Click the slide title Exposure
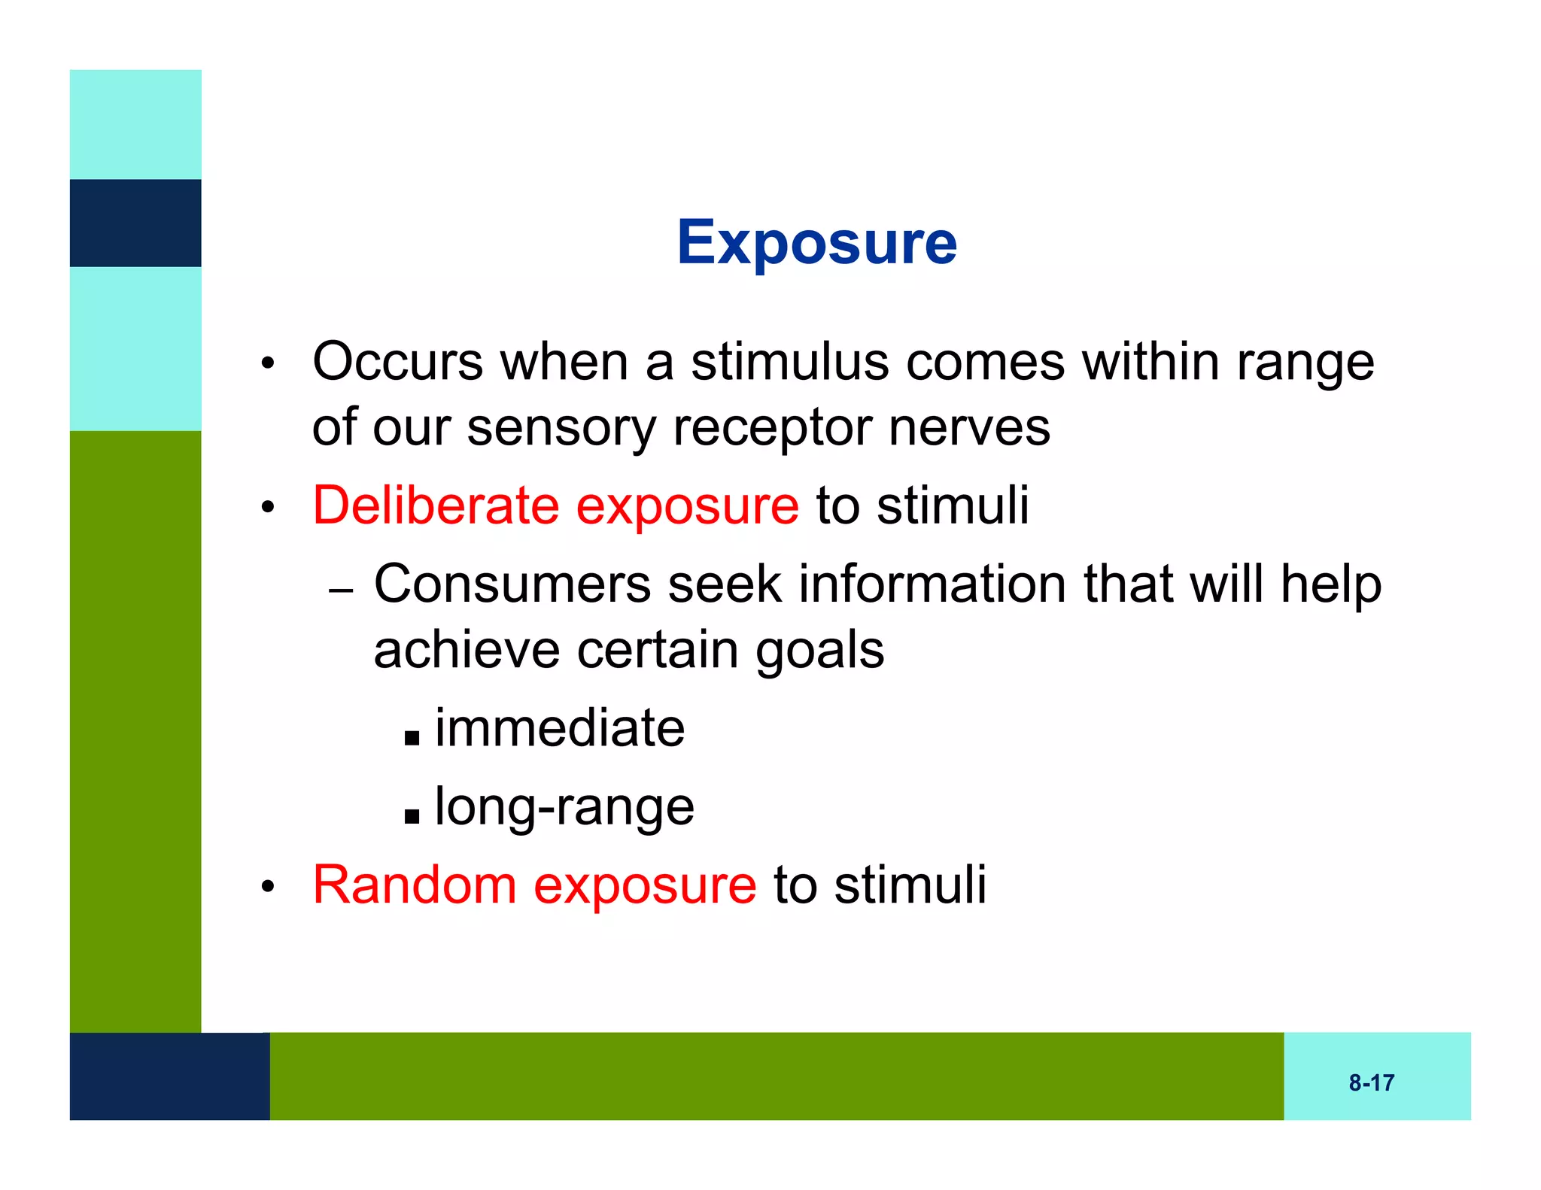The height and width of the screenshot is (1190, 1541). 816,242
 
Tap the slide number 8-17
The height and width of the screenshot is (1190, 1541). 1371,1082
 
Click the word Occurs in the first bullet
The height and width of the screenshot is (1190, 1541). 397,362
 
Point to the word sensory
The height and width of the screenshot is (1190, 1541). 561,428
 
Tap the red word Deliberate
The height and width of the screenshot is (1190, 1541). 436,505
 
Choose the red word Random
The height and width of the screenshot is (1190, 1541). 414,885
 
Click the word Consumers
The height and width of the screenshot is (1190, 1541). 512,584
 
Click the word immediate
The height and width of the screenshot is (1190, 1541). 560,728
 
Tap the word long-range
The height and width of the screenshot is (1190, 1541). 564,808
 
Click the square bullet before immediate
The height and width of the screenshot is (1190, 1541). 412,736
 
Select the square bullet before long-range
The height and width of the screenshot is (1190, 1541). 412,815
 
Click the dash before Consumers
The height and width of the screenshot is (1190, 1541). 341,590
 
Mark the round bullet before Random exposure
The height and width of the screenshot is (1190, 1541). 268,887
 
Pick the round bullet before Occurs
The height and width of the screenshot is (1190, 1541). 268,364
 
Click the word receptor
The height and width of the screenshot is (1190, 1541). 771,428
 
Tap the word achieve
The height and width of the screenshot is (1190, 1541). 466,650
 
